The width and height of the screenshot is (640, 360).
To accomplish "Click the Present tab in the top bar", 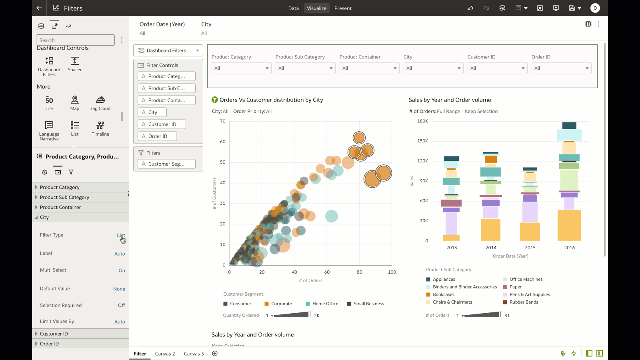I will [x=343, y=8].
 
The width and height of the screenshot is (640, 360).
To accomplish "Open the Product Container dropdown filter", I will [x=369, y=68].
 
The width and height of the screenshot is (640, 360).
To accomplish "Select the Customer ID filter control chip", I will [x=162, y=124].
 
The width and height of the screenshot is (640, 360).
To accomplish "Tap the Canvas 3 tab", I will [x=194, y=354].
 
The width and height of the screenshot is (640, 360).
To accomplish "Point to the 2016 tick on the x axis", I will [x=569, y=248].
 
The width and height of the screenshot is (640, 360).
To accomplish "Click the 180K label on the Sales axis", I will [x=422, y=121].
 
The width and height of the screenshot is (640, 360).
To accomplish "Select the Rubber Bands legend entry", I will [x=524, y=302].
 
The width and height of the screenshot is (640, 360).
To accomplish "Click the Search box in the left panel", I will [x=75, y=40].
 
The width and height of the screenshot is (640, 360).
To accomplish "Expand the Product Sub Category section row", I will [x=64, y=197].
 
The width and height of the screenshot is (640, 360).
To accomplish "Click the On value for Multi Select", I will [x=122, y=270].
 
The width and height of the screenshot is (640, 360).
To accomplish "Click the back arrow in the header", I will [x=39, y=8].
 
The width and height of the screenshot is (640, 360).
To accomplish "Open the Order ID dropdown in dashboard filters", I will [x=561, y=68].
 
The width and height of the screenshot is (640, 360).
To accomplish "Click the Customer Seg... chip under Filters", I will [x=166, y=164].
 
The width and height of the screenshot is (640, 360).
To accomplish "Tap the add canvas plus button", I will [x=215, y=353].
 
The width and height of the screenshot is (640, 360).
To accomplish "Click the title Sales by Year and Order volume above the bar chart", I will [x=450, y=100].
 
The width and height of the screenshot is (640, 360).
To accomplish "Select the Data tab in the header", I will [x=293, y=8].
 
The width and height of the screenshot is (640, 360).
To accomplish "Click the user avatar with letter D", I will [x=595, y=8].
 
